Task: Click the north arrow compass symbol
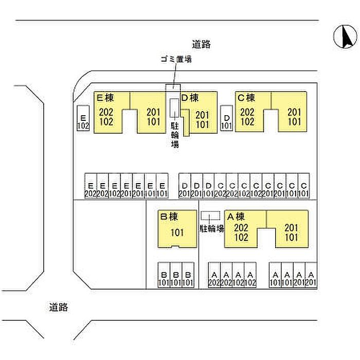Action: click(345, 37)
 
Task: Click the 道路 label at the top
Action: click(202, 45)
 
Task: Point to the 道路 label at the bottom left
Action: click(59, 308)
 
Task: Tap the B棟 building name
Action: click(169, 217)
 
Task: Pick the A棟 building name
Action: click(236, 217)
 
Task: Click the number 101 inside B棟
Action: click(176, 232)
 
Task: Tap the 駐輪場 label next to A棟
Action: click(212, 228)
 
